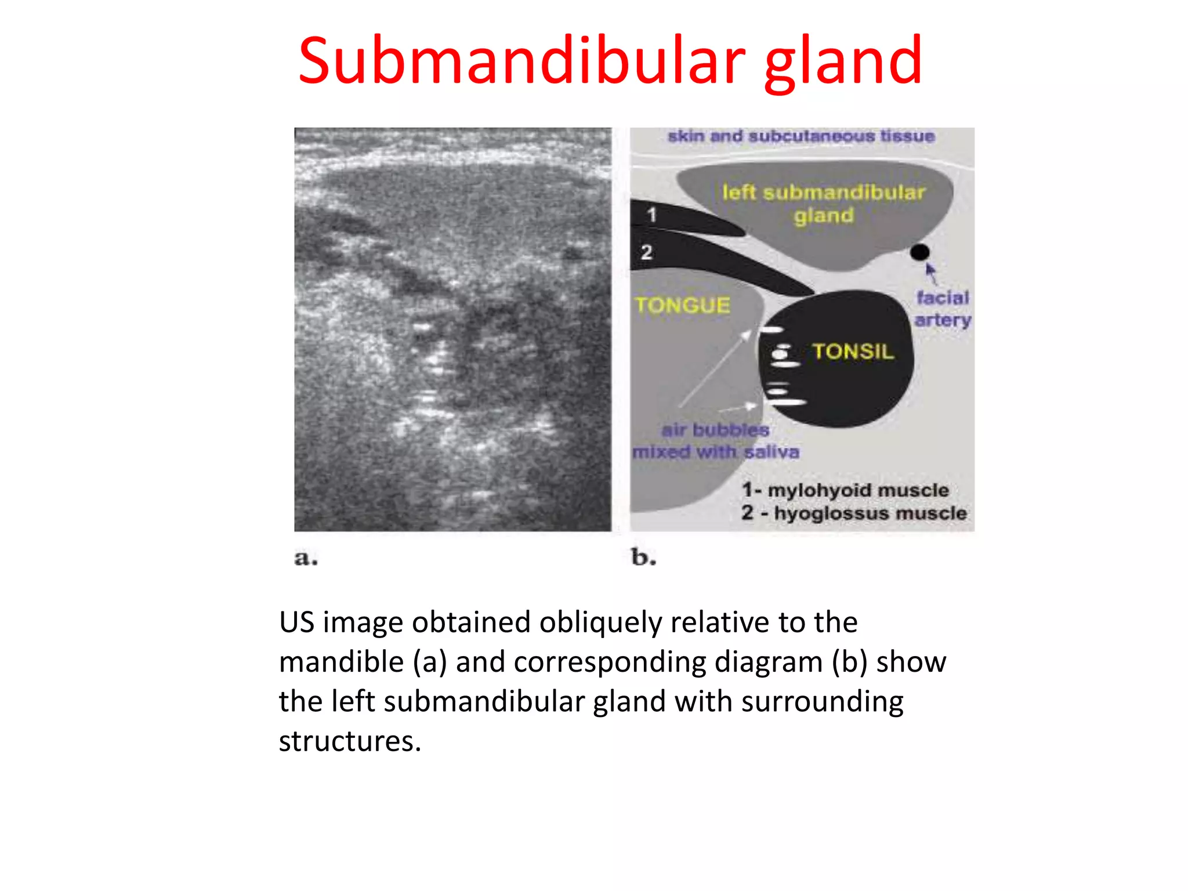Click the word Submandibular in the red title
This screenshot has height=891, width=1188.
521,61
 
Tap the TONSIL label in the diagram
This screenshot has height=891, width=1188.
853,352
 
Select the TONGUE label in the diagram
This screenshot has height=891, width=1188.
682,306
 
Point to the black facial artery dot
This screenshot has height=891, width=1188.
919,252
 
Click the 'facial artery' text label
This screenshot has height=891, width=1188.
942,309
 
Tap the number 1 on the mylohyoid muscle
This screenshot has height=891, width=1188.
652,215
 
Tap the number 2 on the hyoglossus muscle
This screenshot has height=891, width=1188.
647,252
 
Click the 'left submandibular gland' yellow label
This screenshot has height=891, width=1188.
824,204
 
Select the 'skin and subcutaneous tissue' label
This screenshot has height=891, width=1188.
801,136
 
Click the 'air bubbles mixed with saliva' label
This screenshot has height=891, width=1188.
716,441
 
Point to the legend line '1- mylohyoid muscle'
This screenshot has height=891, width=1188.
845,490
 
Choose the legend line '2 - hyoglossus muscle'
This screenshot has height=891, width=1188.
854,513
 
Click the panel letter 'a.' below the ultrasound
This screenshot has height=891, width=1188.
306,558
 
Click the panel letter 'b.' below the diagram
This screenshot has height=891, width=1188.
643,557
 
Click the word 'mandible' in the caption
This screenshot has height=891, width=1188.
341,662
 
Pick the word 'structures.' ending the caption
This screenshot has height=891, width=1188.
350,741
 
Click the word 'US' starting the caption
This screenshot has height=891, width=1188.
296,622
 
